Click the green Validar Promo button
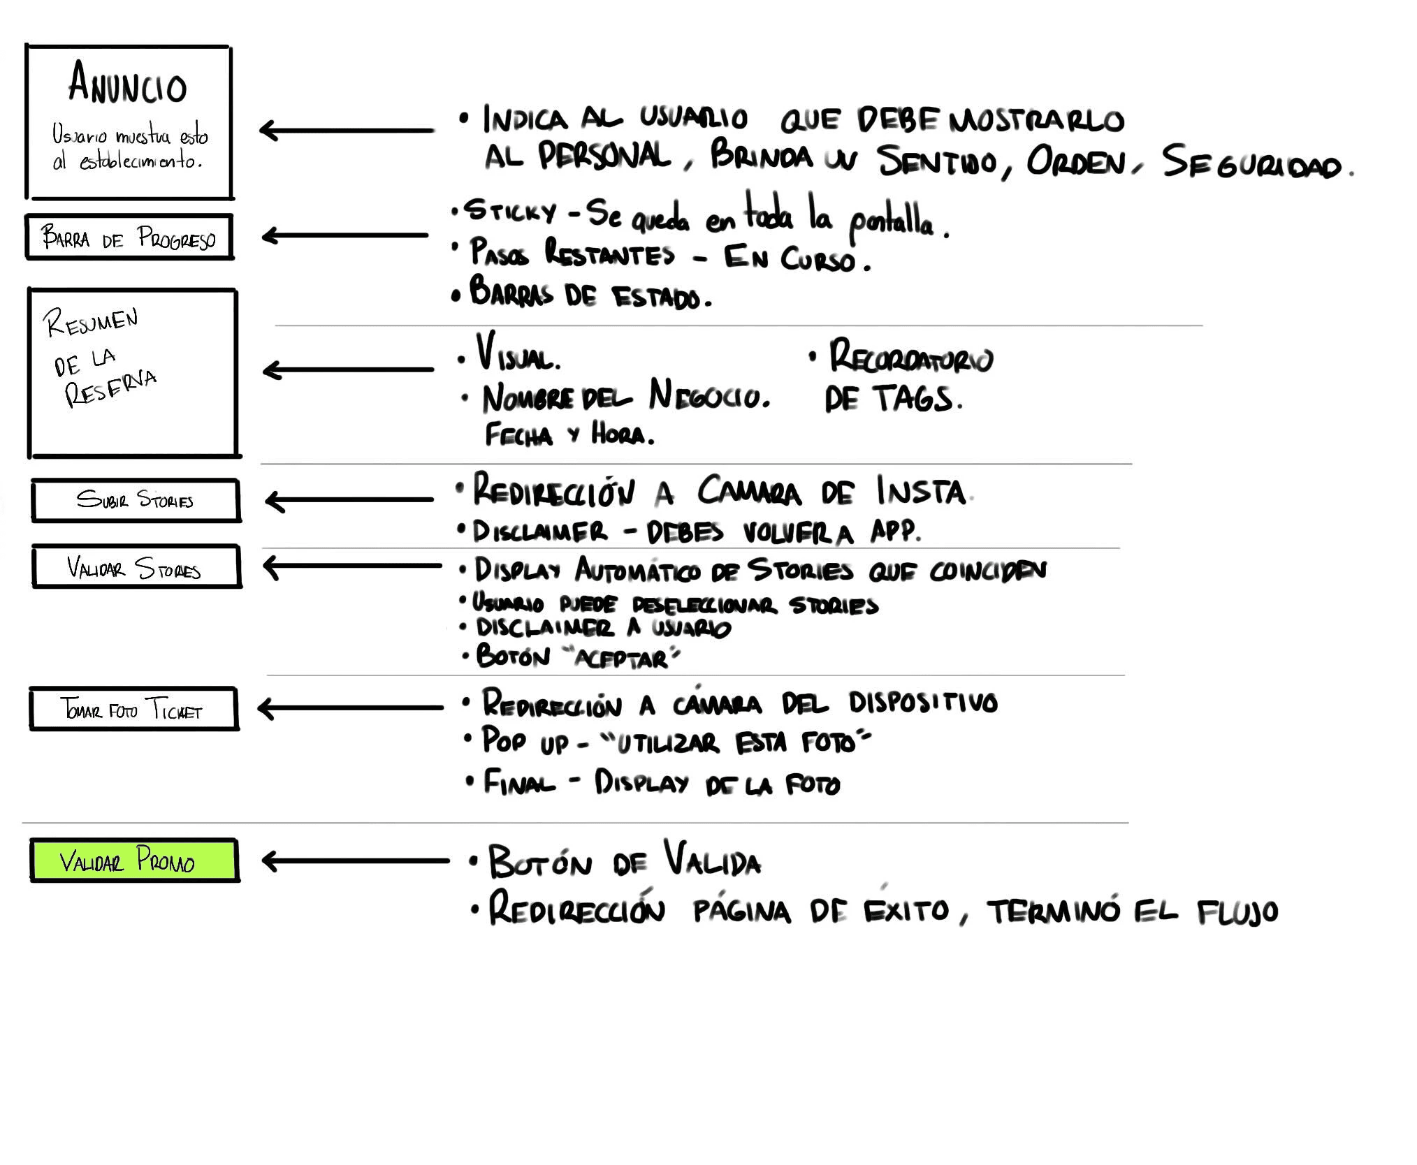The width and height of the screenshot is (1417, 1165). tap(134, 860)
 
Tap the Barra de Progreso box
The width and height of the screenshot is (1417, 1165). tap(129, 237)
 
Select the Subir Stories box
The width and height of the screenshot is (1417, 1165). tap(136, 500)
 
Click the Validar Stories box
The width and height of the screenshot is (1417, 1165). tap(136, 567)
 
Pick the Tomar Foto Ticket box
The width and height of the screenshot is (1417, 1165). tap(133, 709)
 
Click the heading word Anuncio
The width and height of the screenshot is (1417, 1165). tap(128, 83)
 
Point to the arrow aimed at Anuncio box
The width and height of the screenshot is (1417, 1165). tap(346, 130)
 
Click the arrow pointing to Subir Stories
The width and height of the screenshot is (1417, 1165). tap(349, 500)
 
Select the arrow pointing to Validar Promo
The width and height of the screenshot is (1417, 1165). tap(355, 860)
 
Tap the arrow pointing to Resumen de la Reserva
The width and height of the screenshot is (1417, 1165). tap(348, 369)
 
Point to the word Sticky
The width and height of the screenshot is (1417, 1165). tap(511, 211)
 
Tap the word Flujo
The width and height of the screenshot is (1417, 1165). tap(1237, 912)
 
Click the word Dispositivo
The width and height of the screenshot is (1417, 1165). tap(923, 703)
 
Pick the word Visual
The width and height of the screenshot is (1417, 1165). tap(518, 353)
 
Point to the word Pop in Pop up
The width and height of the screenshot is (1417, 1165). tap(503, 740)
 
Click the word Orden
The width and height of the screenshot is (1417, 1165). tap(1076, 163)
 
